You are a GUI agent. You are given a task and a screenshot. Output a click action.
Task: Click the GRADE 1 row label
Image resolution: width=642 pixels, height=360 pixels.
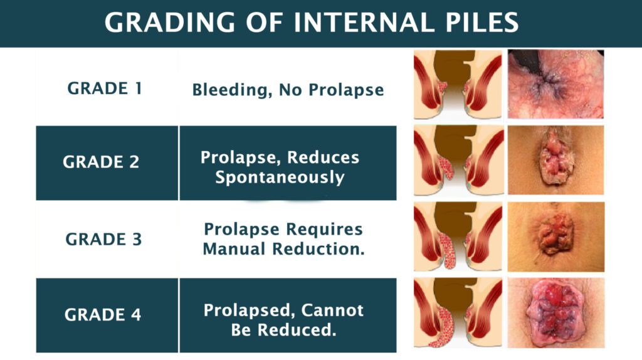pyautogui.click(x=104, y=88)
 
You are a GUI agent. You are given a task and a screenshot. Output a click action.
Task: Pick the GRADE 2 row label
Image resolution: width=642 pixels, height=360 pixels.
pyautogui.click(x=101, y=162)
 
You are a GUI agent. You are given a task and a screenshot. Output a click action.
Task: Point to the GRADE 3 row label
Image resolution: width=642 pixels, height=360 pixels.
pyautogui.click(x=104, y=240)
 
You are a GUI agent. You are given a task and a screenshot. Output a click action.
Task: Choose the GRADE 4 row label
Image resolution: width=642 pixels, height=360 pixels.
pyautogui.click(x=103, y=314)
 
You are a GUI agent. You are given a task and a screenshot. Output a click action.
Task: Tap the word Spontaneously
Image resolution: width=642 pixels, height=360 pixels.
pyautogui.click(x=280, y=177)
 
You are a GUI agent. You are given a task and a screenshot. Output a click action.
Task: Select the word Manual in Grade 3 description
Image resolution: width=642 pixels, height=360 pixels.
pyautogui.click(x=234, y=248)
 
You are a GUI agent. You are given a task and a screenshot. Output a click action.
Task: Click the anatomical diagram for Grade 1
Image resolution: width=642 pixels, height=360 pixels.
pyautogui.click(x=458, y=85)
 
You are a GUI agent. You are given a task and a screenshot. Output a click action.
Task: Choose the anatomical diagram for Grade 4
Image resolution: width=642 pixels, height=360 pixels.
pyautogui.click(x=458, y=313)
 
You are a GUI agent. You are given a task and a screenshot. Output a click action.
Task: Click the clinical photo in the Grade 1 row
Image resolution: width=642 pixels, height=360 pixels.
pyautogui.click(x=555, y=85)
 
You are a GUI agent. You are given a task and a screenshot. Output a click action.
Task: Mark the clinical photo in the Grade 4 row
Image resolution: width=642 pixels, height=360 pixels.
pyautogui.click(x=555, y=313)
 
